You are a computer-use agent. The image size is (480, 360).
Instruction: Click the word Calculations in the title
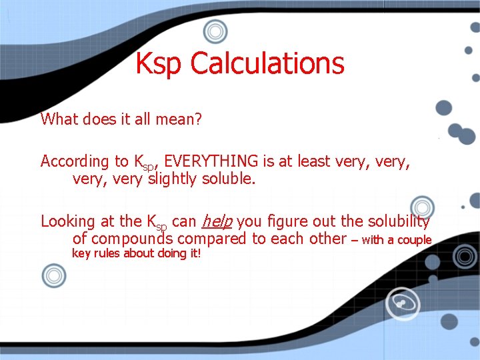[267, 64]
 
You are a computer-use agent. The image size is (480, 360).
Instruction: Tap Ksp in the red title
[159, 64]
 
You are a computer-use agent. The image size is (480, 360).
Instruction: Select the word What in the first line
[59, 119]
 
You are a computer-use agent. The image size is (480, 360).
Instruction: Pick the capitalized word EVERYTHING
[211, 161]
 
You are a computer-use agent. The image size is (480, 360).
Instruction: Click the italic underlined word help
[216, 221]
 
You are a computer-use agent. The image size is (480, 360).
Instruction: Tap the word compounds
[133, 239]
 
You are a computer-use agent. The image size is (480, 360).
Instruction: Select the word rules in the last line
[109, 253]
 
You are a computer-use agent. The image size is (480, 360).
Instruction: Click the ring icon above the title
[215, 31]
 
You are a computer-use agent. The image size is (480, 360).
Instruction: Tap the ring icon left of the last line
[53, 275]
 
